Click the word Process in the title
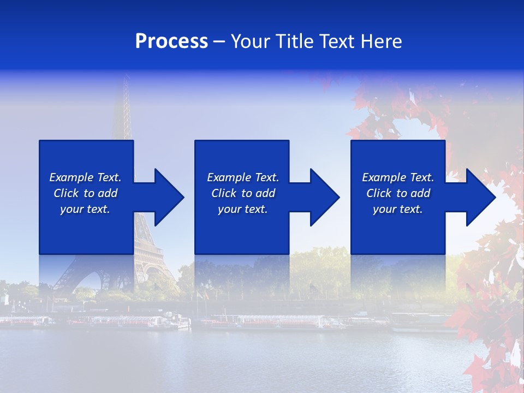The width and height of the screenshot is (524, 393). (171, 41)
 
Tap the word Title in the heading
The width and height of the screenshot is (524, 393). (294, 41)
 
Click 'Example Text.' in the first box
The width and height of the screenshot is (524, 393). (85, 177)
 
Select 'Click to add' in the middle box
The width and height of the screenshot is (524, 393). (243, 193)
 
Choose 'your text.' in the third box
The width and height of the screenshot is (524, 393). (398, 209)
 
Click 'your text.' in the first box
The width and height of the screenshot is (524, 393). (85, 209)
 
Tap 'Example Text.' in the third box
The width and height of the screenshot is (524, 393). (398, 177)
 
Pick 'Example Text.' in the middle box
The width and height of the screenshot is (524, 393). (243, 177)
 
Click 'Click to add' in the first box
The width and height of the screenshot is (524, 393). (85, 193)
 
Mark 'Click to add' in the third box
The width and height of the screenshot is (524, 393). (398, 193)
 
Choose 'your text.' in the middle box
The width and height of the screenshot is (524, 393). (243, 209)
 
